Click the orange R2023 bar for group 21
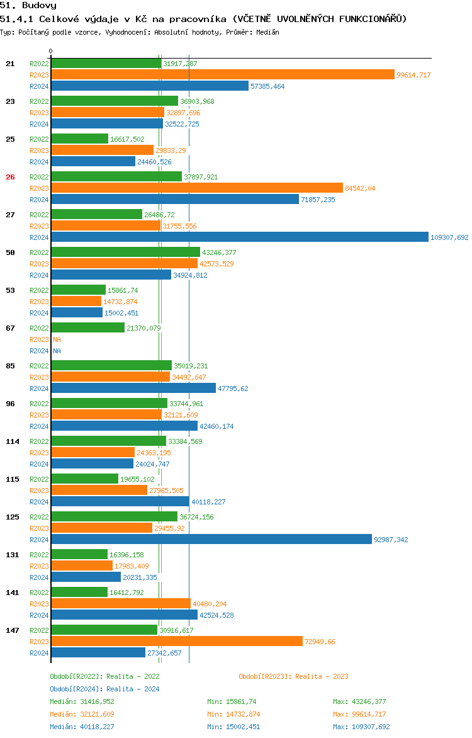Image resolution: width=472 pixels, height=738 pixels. pyautogui.click(x=223, y=75)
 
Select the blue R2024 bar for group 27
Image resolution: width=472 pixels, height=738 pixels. pyautogui.click(x=240, y=237)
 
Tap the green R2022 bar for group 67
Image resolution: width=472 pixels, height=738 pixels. pyautogui.click(x=87, y=328)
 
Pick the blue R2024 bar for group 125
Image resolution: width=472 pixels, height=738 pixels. pyautogui.click(x=211, y=540)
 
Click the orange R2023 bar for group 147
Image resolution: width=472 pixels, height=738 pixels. pyautogui.click(x=177, y=642)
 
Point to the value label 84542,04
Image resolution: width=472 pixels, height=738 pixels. pyautogui.click(x=360, y=188)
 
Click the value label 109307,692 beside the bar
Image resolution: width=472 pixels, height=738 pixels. pyautogui.click(x=449, y=237)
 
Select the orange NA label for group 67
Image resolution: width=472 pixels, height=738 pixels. pyautogui.click(x=57, y=339)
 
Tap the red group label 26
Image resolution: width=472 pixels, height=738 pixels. pyautogui.click(x=10, y=177)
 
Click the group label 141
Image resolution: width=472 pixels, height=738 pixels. pyautogui.click(x=13, y=593)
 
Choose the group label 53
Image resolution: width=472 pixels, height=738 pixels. pyautogui.click(x=10, y=290)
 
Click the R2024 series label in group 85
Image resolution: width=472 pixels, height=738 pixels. pyautogui.click(x=39, y=389)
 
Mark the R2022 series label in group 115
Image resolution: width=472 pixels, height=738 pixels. pyautogui.click(x=39, y=479)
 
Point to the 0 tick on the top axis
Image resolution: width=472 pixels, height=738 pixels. pyautogui.click(x=51, y=51)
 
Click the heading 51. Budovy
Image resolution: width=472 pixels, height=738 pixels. pyautogui.click(x=28, y=6)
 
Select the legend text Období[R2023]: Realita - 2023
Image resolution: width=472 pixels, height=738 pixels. pyautogui.click(x=293, y=676)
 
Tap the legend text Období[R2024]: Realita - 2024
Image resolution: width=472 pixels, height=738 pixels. pyautogui.click(x=104, y=689)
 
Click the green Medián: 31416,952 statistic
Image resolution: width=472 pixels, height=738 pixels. pyautogui.click(x=82, y=701)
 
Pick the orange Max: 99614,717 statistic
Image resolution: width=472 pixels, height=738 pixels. pyautogui.click(x=359, y=714)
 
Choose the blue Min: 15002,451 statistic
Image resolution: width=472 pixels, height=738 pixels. pyautogui.click(x=233, y=727)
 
